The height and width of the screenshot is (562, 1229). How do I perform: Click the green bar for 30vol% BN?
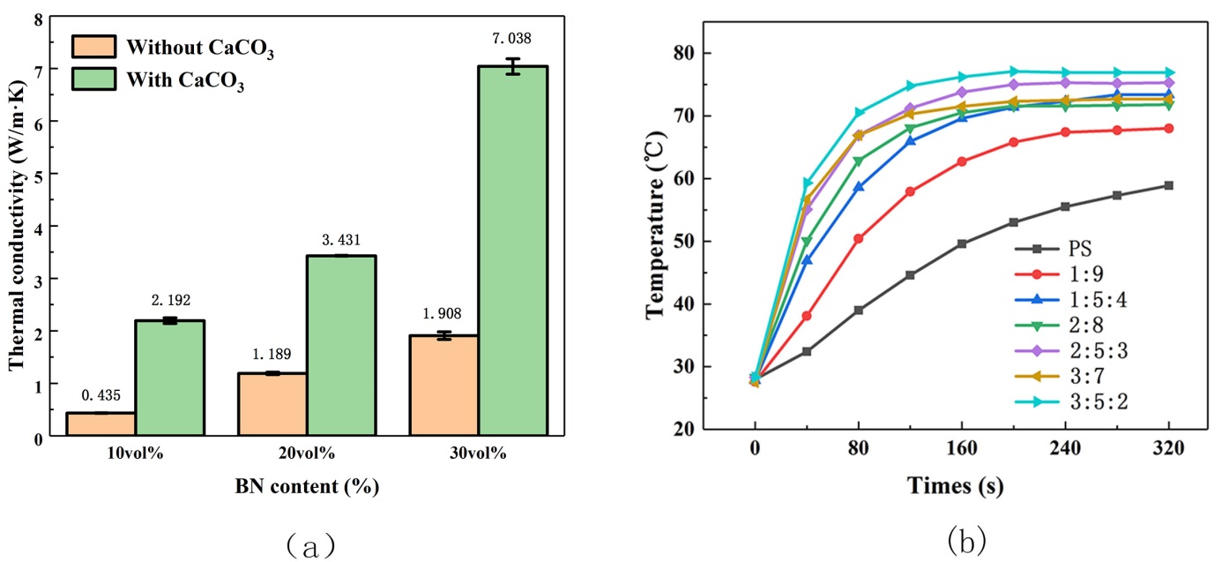pos(513,251)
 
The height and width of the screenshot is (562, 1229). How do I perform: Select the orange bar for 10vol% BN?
pos(101,424)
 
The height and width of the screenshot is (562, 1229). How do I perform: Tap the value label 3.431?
pos(342,240)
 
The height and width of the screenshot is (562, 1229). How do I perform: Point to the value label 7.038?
pos(513,38)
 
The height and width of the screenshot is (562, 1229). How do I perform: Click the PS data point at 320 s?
pos(1168,185)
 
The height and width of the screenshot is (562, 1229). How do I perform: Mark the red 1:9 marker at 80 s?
pos(858,238)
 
